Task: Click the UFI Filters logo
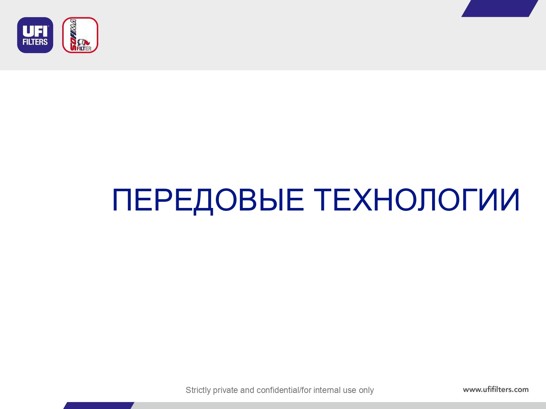tap(35, 35)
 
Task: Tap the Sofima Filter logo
tap(80, 35)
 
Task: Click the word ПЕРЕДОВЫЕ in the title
tap(208, 200)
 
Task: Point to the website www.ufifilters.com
tap(496, 389)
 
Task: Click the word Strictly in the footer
tap(198, 390)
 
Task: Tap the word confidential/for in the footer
tap(284, 390)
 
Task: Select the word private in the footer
tap(225, 390)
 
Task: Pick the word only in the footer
tap(366, 390)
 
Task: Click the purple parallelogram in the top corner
tap(499, 8)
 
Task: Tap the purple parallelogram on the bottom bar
tap(99, 405)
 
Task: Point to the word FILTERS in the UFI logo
tap(35, 42)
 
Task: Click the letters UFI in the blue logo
tap(35, 31)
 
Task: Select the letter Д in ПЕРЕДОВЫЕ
tap(203, 201)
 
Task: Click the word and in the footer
tap(247, 390)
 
